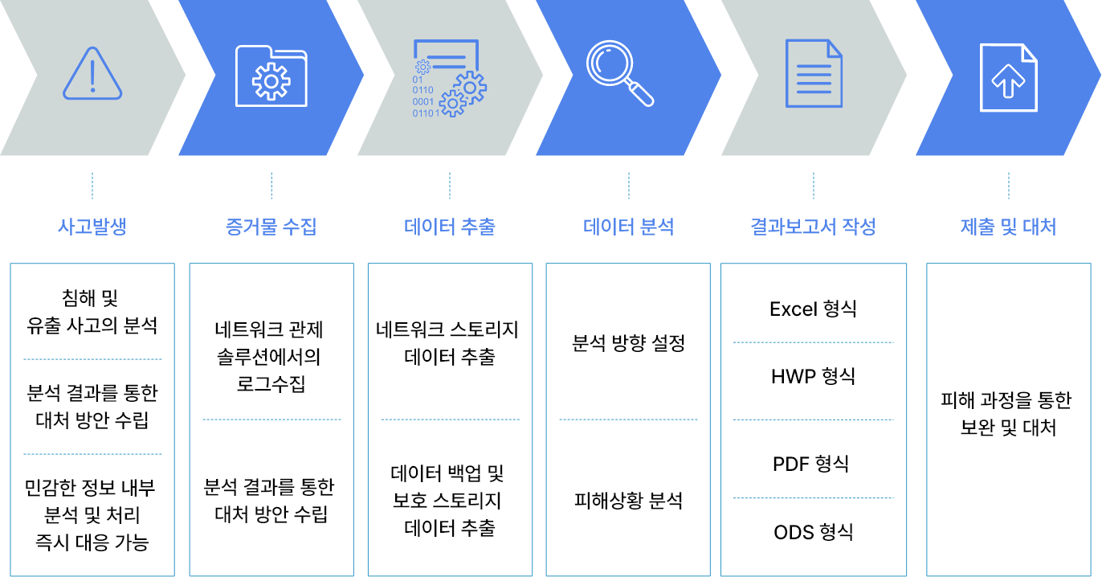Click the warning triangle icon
92,73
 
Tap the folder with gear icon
271,76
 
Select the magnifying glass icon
619,73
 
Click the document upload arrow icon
1009,77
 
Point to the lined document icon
814,73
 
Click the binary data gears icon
449,78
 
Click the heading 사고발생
92,227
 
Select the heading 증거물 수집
271,227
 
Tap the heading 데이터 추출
450,227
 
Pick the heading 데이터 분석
629,227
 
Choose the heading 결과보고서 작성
813,227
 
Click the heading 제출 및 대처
1009,227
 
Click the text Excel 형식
813,309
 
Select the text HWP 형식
813,377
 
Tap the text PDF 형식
811,464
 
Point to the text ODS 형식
813,532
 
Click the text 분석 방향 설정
629,343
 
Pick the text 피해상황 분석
629,501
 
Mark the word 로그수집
271,384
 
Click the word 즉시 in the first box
52,542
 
